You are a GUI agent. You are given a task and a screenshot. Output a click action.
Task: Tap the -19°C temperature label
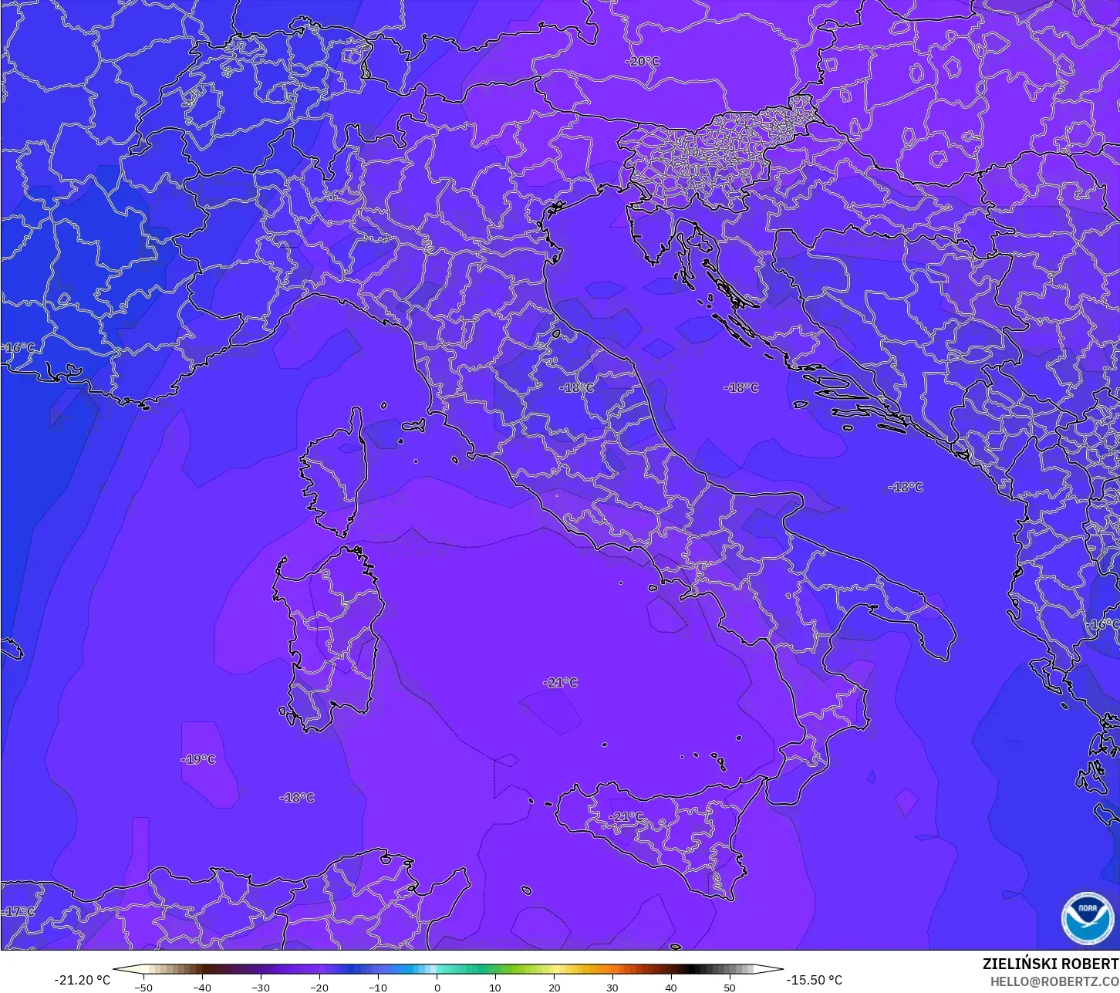(198, 759)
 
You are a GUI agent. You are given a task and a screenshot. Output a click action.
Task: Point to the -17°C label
(19, 911)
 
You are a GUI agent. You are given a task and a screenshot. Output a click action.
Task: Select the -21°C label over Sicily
(626, 816)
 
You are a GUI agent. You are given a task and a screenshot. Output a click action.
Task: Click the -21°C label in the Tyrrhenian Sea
(560, 682)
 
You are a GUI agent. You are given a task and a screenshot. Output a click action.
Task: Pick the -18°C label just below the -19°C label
(297, 797)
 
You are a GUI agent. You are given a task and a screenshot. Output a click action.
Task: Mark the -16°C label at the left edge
(19, 348)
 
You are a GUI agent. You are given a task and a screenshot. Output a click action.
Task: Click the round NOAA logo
(1088, 917)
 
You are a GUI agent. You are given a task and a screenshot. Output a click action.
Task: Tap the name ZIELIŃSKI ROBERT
(1050, 964)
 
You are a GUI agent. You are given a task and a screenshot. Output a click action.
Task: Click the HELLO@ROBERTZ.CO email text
(1054, 981)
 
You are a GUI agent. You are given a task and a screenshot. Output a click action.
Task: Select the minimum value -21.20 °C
(83, 980)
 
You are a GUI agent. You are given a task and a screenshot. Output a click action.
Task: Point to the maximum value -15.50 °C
(814, 980)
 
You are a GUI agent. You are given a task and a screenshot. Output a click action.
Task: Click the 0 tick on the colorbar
(437, 987)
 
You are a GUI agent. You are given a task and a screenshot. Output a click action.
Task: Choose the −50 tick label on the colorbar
(143, 987)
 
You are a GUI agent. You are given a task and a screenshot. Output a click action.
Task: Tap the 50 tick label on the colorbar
(730, 987)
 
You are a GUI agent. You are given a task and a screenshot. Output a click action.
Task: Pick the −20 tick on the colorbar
(319, 987)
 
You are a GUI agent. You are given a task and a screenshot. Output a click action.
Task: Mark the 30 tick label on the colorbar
(612, 987)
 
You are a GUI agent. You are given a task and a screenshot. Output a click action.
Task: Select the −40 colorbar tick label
(202, 987)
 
